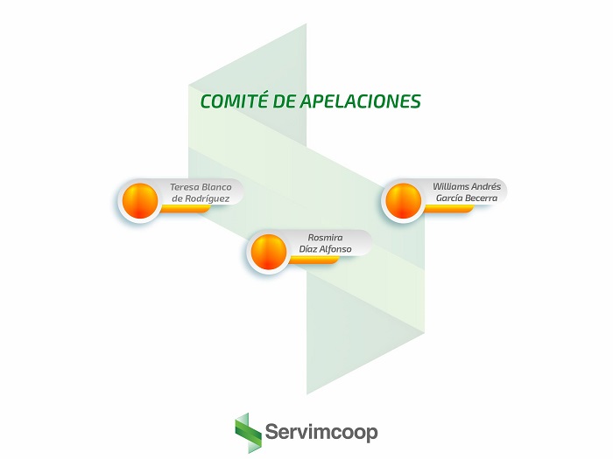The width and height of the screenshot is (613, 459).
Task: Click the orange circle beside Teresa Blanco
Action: tap(139, 200)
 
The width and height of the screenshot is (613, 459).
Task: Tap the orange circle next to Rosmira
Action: tap(269, 252)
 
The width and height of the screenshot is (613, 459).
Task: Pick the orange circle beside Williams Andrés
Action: tap(403, 200)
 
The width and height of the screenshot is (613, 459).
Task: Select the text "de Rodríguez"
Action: tap(201, 199)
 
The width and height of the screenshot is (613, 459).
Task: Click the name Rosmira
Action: tap(325, 237)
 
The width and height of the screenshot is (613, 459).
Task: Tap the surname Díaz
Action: tap(310, 249)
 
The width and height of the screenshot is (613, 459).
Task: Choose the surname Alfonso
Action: tap(337, 249)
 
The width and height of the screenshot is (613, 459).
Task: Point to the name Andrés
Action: tap(488, 186)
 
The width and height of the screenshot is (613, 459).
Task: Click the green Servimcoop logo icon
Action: tap(248, 432)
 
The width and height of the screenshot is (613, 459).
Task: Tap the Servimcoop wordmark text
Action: tap(321, 433)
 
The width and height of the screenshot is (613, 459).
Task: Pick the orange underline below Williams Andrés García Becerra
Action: tap(452, 209)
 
